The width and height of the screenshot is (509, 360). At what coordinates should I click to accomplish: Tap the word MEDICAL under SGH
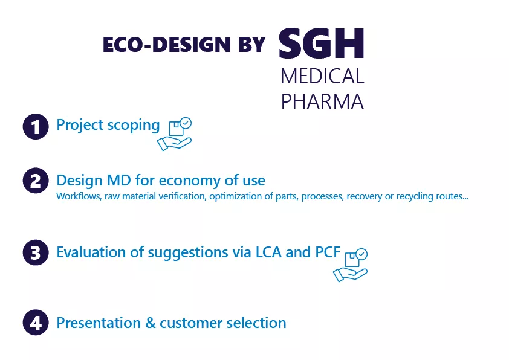pos(322,77)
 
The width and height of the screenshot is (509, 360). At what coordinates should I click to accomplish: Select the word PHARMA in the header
pos(322,101)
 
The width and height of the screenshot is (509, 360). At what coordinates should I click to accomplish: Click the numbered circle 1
pos(36,127)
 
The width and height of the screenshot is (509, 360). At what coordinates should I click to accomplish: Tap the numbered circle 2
pos(36,181)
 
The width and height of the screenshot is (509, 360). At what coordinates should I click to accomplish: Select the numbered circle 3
pos(36,252)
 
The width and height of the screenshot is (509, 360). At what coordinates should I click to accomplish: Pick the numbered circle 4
pos(36,323)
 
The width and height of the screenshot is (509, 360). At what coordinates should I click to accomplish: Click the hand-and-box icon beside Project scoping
pos(175,134)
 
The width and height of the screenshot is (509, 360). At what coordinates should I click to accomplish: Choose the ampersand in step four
pos(151,323)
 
